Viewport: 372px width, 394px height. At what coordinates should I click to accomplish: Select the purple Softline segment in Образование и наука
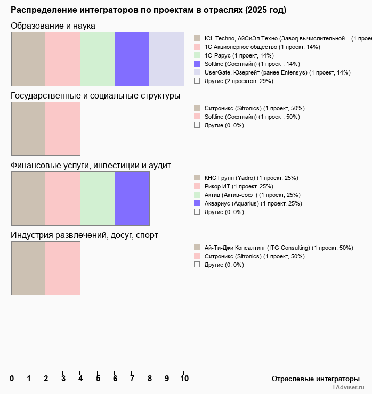(x=132, y=59)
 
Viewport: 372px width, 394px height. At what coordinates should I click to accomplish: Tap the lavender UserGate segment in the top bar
(x=166, y=59)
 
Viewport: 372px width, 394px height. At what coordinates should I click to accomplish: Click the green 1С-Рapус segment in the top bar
(x=97, y=59)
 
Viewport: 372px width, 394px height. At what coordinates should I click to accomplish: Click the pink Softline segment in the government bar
(x=62, y=129)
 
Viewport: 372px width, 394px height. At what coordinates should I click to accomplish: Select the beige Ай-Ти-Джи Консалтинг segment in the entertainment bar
(x=28, y=268)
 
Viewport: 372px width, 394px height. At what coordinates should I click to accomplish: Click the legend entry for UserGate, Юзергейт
(x=277, y=72)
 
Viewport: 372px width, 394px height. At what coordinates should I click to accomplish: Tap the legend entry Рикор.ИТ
(x=239, y=186)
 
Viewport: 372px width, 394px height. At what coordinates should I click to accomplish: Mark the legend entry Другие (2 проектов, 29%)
(x=239, y=81)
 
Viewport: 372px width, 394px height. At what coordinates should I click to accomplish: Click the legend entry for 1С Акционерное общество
(x=262, y=47)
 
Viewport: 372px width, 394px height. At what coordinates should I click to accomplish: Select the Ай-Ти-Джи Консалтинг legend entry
(x=279, y=248)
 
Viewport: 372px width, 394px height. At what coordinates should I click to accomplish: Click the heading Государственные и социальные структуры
(x=95, y=96)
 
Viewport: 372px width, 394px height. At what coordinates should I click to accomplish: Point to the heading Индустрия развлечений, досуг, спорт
(x=84, y=235)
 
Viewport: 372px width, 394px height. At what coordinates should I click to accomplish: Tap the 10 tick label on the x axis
(x=184, y=379)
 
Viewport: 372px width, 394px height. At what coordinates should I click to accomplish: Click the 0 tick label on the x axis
(x=12, y=379)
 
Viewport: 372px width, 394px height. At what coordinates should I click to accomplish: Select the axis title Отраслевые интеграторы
(x=312, y=379)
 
